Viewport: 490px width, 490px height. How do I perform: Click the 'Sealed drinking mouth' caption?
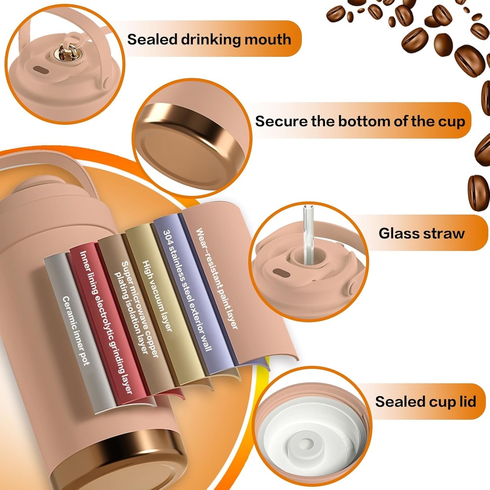click(x=209, y=39)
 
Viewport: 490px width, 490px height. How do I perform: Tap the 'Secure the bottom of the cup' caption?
click(x=360, y=121)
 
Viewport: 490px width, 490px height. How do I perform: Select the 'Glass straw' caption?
click(x=422, y=234)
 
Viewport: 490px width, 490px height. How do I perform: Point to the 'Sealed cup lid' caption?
click(x=425, y=401)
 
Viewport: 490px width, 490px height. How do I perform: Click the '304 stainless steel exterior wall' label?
click(x=187, y=290)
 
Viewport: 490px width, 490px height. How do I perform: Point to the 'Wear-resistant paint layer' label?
click(x=216, y=278)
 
